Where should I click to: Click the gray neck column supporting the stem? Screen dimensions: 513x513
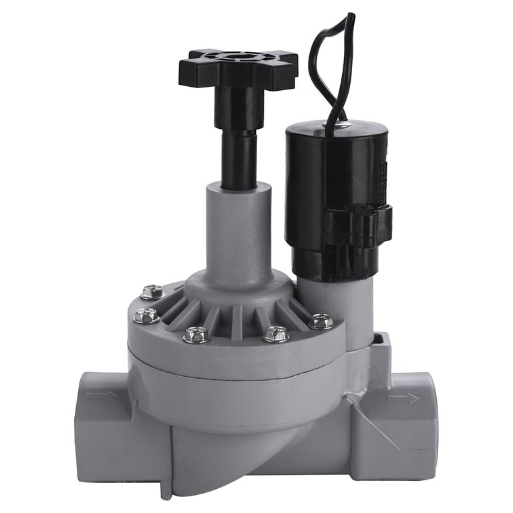[x=238, y=227]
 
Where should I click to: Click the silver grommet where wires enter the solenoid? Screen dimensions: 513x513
[x=341, y=124]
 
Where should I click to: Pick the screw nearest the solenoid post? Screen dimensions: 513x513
[x=321, y=321]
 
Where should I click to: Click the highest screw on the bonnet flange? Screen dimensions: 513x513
[x=152, y=292]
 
